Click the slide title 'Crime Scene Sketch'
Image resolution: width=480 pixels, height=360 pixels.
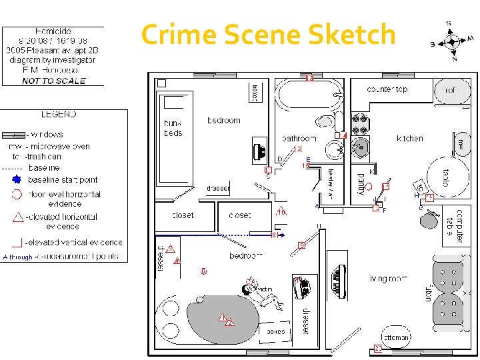coord(269,34)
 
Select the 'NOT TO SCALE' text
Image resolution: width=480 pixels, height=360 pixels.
coord(54,81)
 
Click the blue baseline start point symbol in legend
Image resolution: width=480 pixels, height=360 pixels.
coord(17,180)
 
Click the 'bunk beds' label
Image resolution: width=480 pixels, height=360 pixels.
coord(173,128)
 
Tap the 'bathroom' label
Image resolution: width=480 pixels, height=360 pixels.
coord(299,139)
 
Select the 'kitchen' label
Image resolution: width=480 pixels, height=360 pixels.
coord(410,139)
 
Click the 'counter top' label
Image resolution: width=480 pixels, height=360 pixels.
coord(387,89)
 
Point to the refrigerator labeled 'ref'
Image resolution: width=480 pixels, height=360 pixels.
coord(451,89)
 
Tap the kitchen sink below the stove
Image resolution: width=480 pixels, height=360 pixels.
coord(361,147)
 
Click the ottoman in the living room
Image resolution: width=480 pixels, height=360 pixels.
coord(396,337)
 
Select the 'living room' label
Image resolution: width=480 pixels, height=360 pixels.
coord(389,278)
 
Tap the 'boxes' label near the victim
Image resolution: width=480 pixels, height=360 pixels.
coord(275,331)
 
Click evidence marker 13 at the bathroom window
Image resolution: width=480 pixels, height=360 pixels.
coord(309,78)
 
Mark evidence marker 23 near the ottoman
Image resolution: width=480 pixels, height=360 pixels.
coord(377,348)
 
